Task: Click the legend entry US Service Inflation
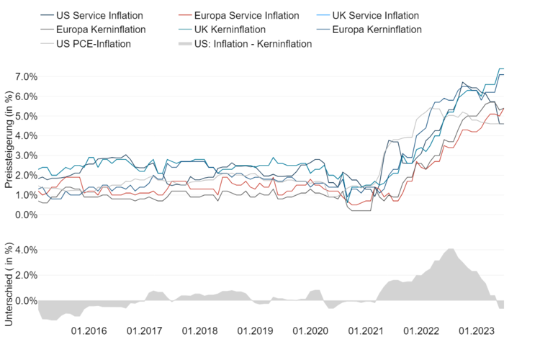coord(99,15)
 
